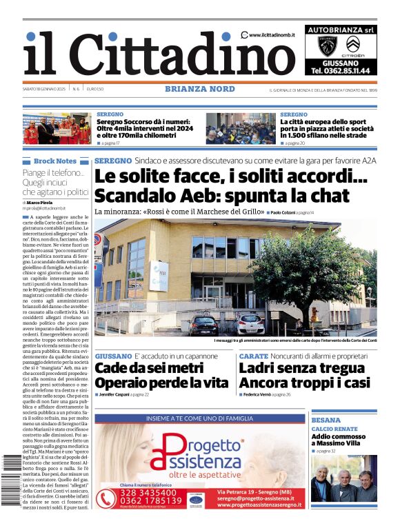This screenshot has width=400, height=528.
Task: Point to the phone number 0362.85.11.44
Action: click(341, 70)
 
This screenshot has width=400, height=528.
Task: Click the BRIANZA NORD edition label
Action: click(200, 89)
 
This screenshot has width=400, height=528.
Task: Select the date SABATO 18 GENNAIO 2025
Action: click(43, 90)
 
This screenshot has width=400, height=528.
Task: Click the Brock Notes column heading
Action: click(54, 161)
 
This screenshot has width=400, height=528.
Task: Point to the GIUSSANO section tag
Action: click(113, 356)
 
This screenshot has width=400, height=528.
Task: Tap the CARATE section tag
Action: click(253, 356)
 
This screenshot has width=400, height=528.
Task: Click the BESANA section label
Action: click(326, 420)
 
